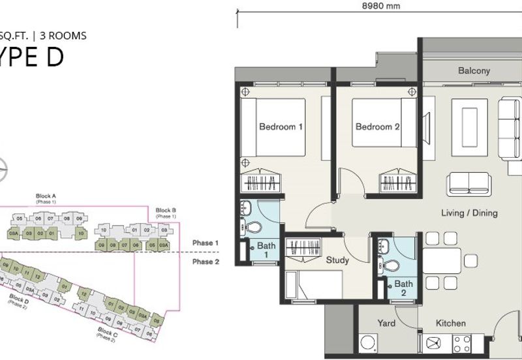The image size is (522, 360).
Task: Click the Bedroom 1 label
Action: tap(281, 127)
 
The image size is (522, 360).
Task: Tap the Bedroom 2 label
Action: tap(377, 127)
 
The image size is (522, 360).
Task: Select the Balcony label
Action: tap(474, 71)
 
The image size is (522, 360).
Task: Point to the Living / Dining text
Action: tap(469, 213)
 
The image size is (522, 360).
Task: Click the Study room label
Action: tap(337, 260)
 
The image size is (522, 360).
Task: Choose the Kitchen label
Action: tap(450, 323)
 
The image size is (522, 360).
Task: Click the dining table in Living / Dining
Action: tap(443, 260)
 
